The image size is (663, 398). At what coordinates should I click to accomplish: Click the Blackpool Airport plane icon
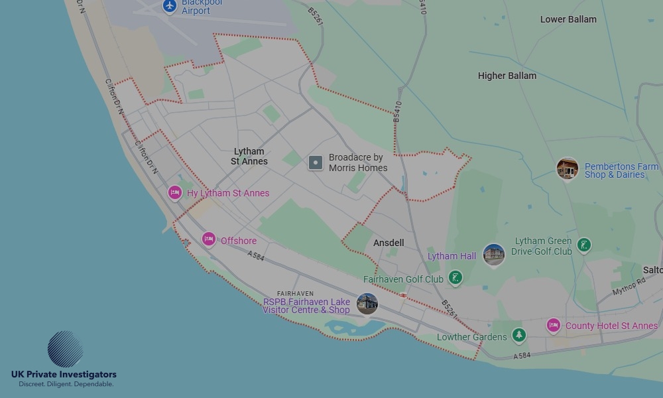tap(170, 6)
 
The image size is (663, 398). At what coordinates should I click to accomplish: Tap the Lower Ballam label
tap(568, 19)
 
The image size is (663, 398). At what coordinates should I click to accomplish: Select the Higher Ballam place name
tap(507, 76)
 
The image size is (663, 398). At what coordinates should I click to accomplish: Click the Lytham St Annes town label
tap(249, 157)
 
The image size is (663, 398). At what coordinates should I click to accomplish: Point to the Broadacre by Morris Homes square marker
tap(316, 163)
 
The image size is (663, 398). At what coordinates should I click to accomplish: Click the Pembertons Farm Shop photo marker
tap(568, 168)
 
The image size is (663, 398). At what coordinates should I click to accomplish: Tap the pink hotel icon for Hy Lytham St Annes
tap(175, 193)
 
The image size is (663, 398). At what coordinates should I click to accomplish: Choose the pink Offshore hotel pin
tap(209, 239)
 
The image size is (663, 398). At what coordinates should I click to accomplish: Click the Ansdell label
tap(389, 243)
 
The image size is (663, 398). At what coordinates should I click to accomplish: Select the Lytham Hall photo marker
tap(493, 254)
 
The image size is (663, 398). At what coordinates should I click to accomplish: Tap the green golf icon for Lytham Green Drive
tap(584, 245)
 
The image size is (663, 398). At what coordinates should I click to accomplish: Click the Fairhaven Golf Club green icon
tap(455, 278)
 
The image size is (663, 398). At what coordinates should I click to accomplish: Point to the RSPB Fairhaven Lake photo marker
tap(367, 304)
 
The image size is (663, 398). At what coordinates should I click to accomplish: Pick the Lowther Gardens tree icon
tap(519, 336)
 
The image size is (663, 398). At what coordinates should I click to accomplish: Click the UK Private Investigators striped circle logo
tap(65, 349)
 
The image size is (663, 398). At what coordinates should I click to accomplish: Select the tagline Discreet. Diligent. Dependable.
tap(66, 384)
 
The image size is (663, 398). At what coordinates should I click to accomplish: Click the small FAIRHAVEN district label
tap(295, 293)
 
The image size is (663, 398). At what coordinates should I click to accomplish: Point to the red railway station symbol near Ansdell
tap(403, 295)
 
